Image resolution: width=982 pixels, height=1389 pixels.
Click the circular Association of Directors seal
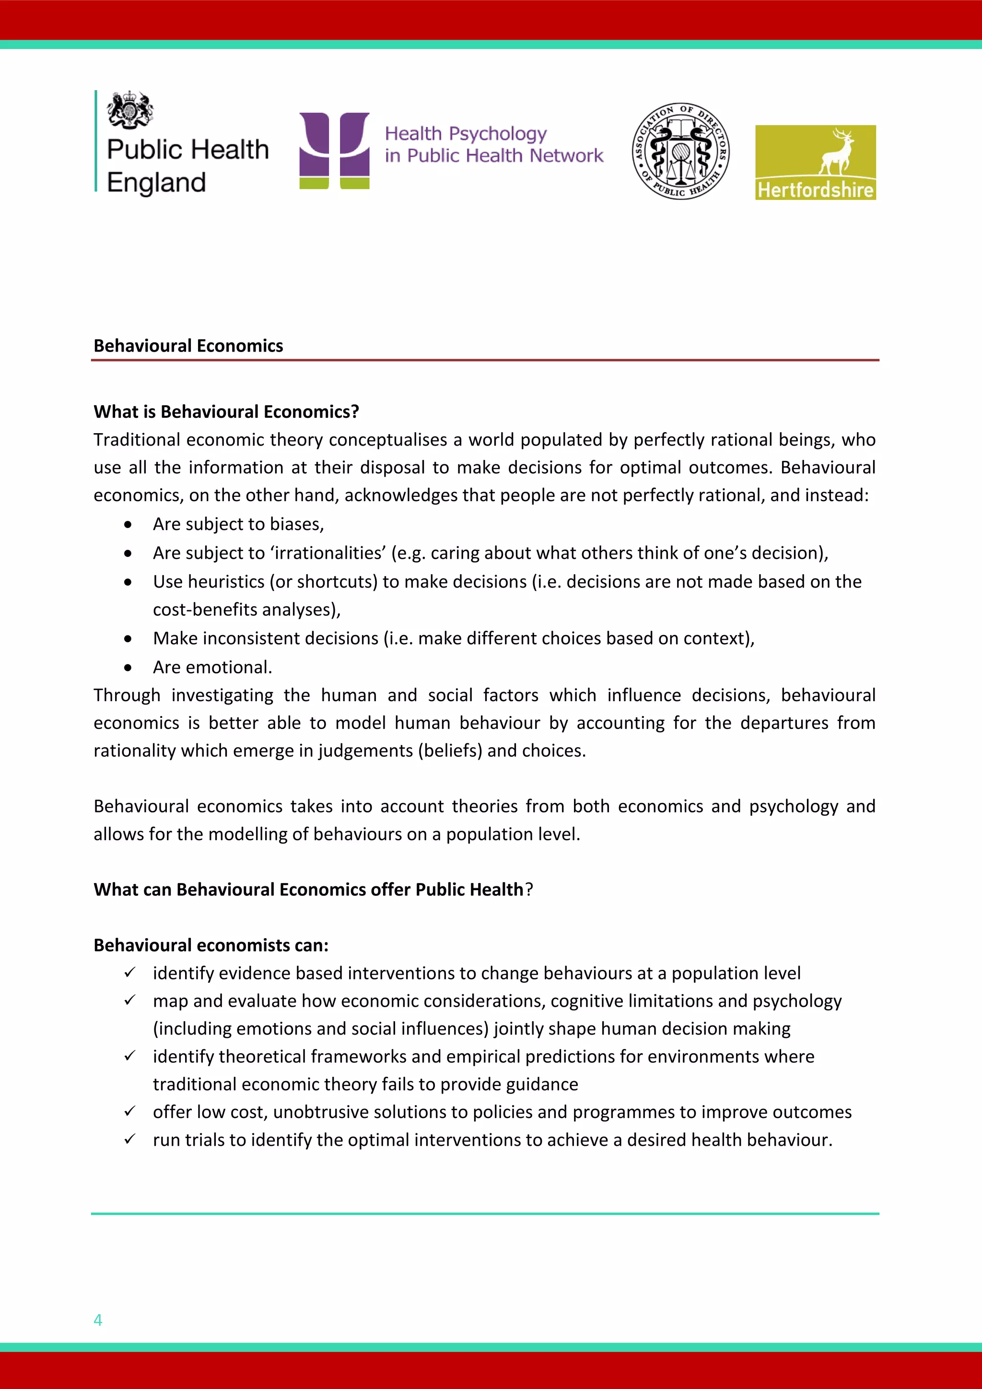point(680,151)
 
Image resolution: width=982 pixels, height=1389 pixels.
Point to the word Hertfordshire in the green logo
point(815,190)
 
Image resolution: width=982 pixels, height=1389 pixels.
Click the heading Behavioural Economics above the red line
point(188,346)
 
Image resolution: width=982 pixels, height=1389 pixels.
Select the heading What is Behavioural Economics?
point(226,412)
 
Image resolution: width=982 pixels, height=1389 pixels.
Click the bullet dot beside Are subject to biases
point(128,525)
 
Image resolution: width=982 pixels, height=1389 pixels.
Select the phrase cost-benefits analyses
point(246,610)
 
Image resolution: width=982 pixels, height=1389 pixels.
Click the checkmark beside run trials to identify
point(129,1139)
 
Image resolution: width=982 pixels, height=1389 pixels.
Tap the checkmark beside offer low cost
point(129,1111)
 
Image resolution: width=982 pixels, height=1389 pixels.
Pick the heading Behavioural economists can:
point(211,945)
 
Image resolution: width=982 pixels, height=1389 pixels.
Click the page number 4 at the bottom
point(98,1320)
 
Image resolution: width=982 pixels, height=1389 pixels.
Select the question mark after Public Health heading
point(529,890)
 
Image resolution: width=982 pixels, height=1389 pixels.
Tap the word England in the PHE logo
point(157,183)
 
